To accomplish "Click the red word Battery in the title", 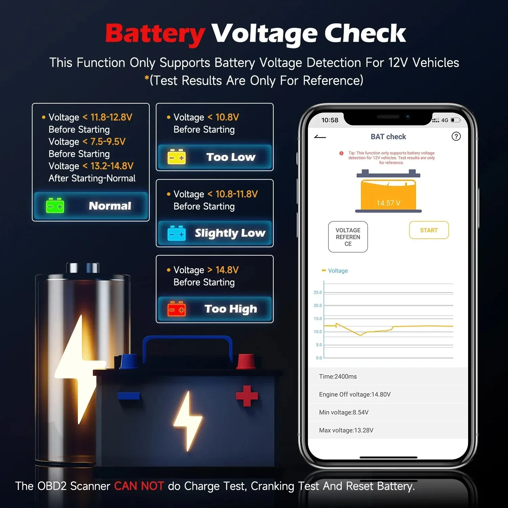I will click(155, 34).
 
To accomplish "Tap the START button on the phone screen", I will click(429, 230).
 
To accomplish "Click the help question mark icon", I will click(456, 136).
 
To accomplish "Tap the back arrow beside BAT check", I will click(320, 137).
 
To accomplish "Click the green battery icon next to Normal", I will click(55, 206).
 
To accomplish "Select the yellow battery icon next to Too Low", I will click(176, 157).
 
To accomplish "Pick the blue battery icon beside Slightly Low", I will click(176, 233).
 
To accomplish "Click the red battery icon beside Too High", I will click(176, 309).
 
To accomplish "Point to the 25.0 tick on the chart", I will click(318, 292).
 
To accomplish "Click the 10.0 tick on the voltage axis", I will click(318, 332).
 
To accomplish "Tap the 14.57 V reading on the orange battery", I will click(388, 203).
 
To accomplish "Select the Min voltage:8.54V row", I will click(344, 412).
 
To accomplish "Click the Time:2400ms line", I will click(338, 376).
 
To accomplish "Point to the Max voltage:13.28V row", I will click(346, 430).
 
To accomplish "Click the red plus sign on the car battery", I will click(247, 396).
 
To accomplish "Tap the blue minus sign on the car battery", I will click(129, 396).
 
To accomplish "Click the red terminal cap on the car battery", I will click(246, 361).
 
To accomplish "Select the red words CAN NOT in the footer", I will click(139, 486).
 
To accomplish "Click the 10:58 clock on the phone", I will click(330, 120).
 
